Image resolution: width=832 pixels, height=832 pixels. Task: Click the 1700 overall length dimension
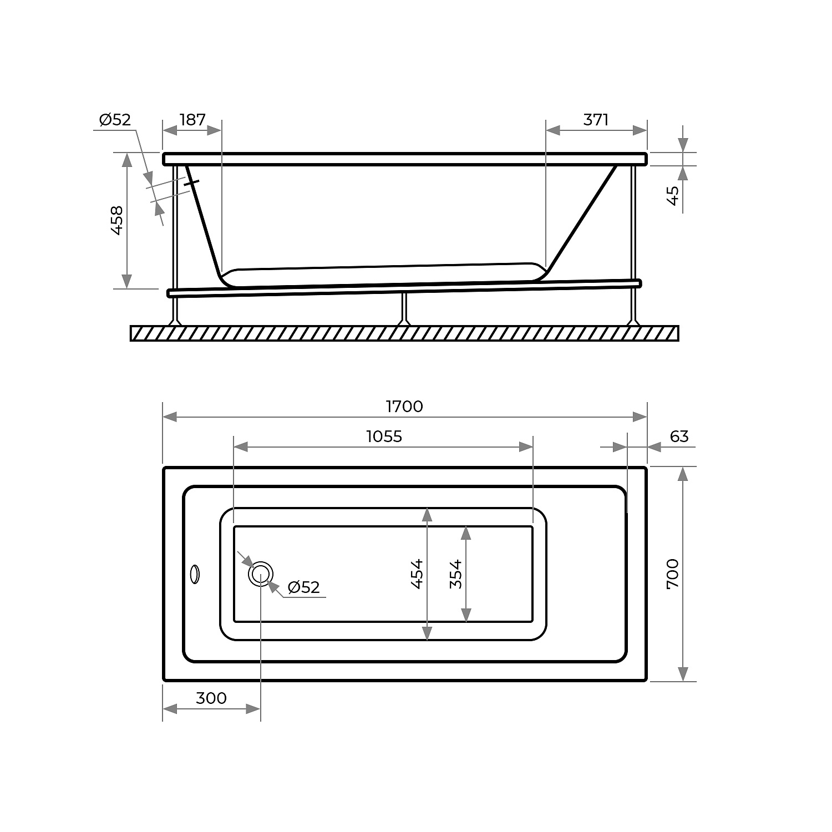click(x=404, y=407)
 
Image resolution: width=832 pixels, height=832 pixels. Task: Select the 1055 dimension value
click(x=384, y=437)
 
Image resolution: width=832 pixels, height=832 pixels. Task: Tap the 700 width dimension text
click(x=672, y=574)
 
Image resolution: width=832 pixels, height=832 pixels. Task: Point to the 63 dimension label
click(x=679, y=437)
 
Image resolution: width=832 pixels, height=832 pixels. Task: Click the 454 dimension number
click(x=417, y=574)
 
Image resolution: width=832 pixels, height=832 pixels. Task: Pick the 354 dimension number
click(x=456, y=574)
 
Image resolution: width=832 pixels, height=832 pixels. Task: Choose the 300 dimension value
click(x=211, y=698)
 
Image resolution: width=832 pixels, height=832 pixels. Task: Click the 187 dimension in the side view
click(x=192, y=119)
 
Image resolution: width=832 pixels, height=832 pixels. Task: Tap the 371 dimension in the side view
click(x=596, y=119)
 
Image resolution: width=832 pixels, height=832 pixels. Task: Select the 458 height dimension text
click(x=117, y=220)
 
